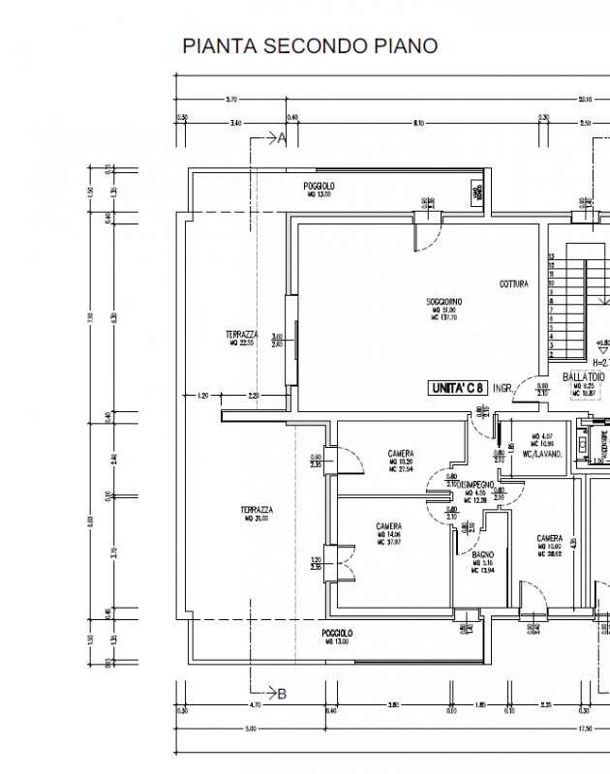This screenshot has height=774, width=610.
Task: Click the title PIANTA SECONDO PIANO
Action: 310,45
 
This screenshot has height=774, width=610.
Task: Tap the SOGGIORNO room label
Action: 444,302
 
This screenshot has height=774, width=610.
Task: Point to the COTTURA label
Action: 513,284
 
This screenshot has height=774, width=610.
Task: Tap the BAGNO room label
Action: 484,555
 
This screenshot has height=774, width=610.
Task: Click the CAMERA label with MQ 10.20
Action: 401,454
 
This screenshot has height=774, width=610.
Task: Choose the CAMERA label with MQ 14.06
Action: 389,527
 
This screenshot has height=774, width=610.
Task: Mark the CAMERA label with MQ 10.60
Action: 550,539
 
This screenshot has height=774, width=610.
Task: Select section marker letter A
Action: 283,138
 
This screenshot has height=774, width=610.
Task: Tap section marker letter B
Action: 282,693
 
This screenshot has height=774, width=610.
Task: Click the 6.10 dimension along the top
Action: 418,123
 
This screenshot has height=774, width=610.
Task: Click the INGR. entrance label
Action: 502,388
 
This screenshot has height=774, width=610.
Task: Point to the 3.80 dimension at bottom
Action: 394,707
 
